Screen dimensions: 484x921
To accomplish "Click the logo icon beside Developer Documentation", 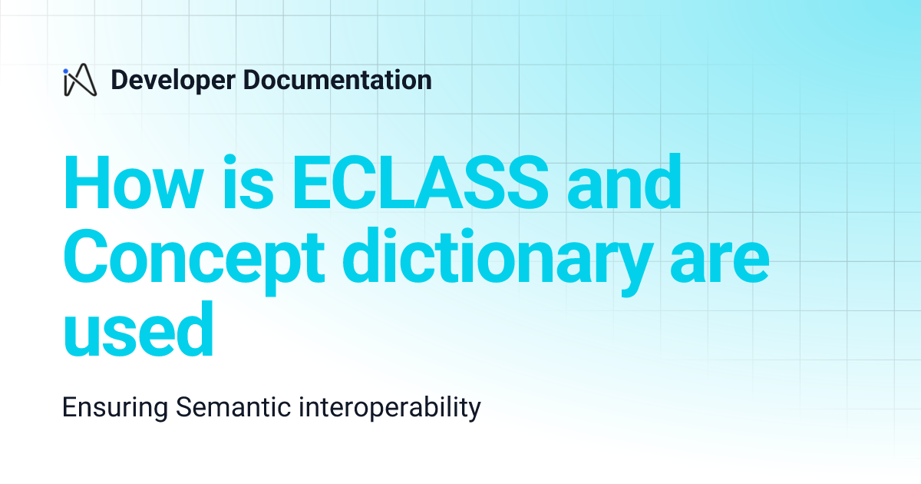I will pyautogui.click(x=80, y=81).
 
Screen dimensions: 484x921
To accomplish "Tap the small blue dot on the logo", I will pyautogui.click(x=67, y=71).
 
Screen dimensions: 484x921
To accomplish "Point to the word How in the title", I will pyautogui.click(x=131, y=184).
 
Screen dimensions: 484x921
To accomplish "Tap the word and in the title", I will pyautogui.click(x=624, y=184).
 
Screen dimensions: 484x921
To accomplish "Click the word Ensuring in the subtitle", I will pyautogui.click(x=114, y=407).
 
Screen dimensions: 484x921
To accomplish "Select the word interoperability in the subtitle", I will pyautogui.click(x=384, y=407).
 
